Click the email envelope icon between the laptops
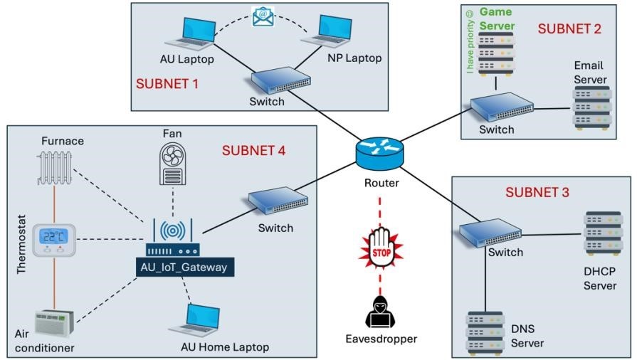(x=263, y=16)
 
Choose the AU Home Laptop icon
(x=194, y=319)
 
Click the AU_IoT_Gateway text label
(x=184, y=268)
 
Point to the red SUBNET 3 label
(x=537, y=192)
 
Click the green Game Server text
(x=495, y=19)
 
